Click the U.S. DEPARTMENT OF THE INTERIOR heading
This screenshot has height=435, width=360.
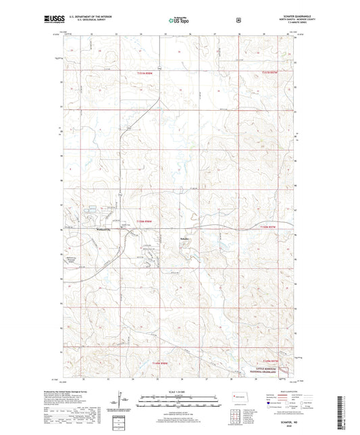[93, 18]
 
